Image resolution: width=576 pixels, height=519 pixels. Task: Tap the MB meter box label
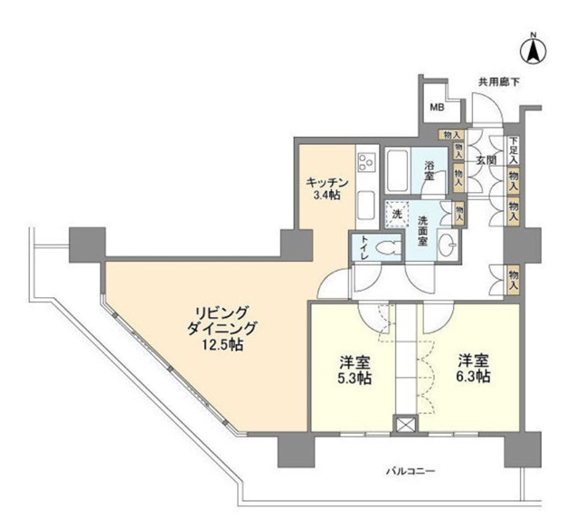tap(437, 109)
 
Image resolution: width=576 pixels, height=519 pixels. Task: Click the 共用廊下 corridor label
tap(499, 82)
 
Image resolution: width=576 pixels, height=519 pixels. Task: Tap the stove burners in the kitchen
tap(366, 163)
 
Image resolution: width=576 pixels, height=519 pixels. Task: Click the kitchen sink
tap(366, 205)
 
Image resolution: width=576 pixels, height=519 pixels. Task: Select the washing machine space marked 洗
tap(395, 215)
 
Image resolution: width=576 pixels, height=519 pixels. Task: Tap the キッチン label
tap(327, 180)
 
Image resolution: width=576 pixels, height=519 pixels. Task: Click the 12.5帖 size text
tap(222, 344)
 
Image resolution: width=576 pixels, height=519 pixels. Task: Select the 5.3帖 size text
tap(354, 379)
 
